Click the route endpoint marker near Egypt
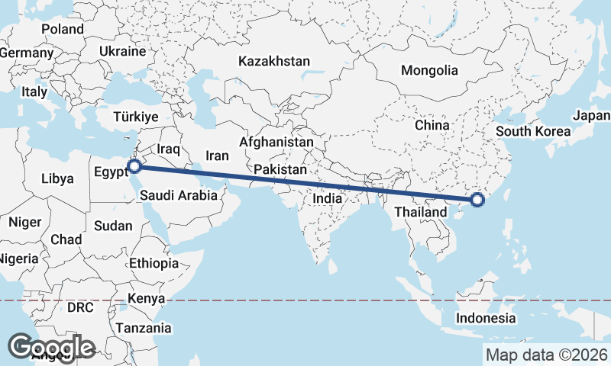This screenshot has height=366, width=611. [134, 165]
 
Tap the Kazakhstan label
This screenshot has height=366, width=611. [274, 60]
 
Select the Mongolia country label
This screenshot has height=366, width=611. [430, 70]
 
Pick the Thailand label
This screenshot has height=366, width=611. [421, 212]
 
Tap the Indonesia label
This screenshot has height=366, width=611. [486, 318]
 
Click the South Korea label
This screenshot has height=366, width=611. [533, 131]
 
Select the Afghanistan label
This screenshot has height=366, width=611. [276, 143]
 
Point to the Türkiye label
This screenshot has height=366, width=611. [135, 117]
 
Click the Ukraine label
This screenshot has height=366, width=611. [122, 52]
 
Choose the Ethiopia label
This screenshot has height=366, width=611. [154, 263]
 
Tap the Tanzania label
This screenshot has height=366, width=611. [144, 328]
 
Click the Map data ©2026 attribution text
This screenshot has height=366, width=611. [546, 355]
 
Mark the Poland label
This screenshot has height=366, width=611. [63, 29]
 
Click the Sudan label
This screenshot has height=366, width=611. [112, 226]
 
